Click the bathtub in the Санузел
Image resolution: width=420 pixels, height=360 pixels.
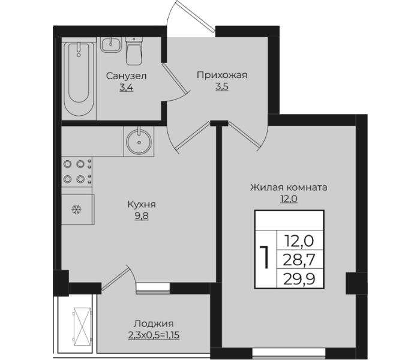coord(79,80)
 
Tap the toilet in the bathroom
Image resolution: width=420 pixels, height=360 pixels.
coord(134,52)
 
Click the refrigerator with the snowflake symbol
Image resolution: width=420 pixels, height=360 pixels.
coord(77,209)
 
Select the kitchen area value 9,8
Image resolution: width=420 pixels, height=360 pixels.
coord(142,216)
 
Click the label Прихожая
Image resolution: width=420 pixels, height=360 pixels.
coord(221,75)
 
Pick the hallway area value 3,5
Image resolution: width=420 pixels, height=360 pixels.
coord(221,86)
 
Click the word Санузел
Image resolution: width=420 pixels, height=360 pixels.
coord(127,76)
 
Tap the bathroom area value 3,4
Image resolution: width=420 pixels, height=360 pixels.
coord(127,87)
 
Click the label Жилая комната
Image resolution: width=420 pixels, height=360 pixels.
coord(289,187)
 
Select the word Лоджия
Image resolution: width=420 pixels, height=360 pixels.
coord(154,322)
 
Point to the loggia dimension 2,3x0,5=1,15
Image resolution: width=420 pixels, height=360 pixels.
coord(154,333)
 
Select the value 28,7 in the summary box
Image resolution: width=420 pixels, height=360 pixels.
coord(299,259)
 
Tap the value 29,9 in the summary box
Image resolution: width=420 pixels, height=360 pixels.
coord(299,278)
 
